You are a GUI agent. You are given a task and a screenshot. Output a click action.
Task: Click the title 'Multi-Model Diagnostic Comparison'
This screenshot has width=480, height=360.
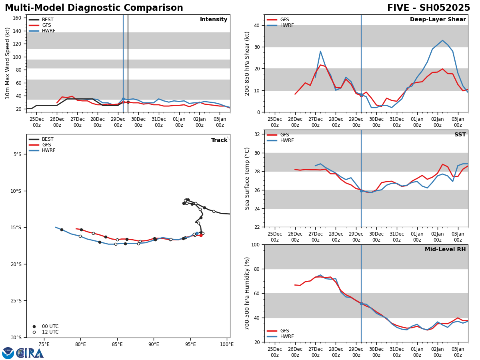[x=94, y=8]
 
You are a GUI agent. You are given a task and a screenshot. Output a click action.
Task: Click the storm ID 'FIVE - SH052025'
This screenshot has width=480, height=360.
[x=428, y=8]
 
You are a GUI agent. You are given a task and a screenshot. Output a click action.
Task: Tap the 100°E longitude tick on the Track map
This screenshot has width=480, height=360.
[x=227, y=344]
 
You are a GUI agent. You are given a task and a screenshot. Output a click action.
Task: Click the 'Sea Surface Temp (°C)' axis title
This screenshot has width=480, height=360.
[x=247, y=178]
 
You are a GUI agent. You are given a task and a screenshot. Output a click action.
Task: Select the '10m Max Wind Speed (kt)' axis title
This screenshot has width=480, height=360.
[x=8, y=63]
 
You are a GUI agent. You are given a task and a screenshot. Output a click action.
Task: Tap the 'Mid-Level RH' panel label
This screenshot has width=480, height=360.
[x=445, y=250]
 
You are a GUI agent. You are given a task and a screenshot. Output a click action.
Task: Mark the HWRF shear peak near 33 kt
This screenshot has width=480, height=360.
[x=442, y=40]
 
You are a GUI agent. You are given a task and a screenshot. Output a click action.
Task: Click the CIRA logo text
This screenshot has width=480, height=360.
[x=30, y=353]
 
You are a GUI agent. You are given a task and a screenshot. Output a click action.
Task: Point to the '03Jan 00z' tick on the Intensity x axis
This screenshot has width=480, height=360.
[x=220, y=122]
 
